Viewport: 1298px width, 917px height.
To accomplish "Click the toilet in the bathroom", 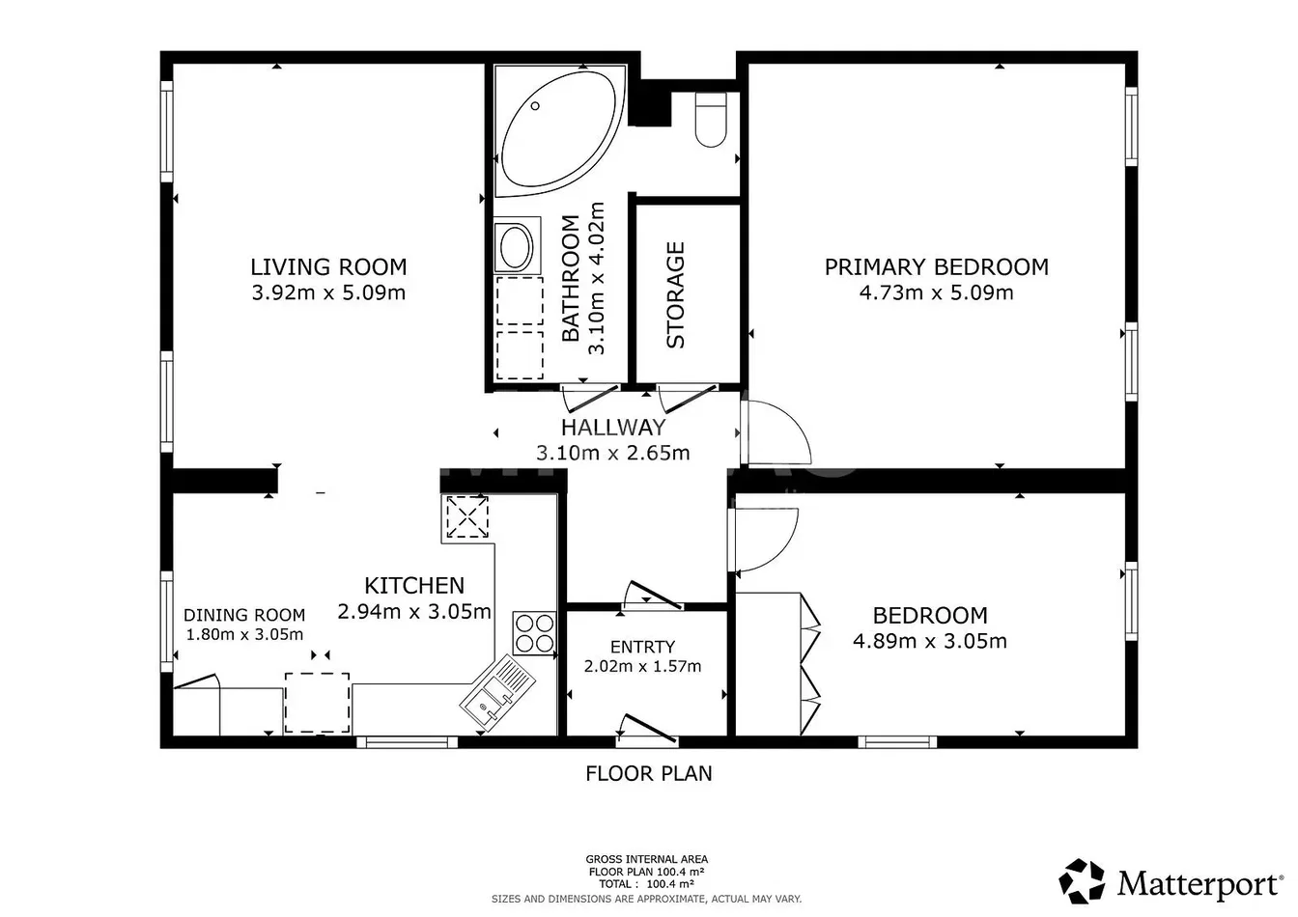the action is pyautogui.click(x=711, y=120).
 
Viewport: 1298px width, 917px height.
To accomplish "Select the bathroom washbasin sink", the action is pyautogui.click(x=517, y=245).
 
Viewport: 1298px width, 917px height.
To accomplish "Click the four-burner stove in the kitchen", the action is pyautogui.click(x=534, y=633).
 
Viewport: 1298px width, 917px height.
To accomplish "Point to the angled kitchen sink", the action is pyautogui.click(x=497, y=693).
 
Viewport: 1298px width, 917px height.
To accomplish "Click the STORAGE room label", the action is pyautogui.click(x=676, y=294).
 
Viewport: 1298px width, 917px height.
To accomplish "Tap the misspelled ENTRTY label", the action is pyautogui.click(x=642, y=647).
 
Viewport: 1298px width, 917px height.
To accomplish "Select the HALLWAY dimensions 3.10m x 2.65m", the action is pyautogui.click(x=613, y=453).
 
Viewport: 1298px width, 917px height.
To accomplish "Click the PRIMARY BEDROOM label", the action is pyautogui.click(x=937, y=267).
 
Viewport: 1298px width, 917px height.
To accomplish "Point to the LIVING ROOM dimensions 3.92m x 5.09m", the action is pyautogui.click(x=328, y=292).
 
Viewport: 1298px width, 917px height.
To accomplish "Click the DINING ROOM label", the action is pyautogui.click(x=244, y=615).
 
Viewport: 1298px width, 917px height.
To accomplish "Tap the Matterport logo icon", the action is pyautogui.click(x=1082, y=880).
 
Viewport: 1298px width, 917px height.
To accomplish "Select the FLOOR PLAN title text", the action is pyautogui.click(x=648, y=773).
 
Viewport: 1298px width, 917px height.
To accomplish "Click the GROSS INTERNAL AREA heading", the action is pyautogui.click(x=647, y=859).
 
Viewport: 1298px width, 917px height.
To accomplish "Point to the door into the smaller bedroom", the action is pyautogui.click(x=765, y=540).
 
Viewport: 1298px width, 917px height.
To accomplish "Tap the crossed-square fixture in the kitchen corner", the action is pyautogui.click(x=467, y=516).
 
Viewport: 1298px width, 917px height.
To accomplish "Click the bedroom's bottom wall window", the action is pyautogui.click(x=897, y=742).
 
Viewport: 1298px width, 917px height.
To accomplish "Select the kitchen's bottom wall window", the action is pyautogui.click(x=407, y=742).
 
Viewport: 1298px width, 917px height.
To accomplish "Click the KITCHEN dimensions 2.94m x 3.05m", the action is pyautogui.click(x=414, y=611).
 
